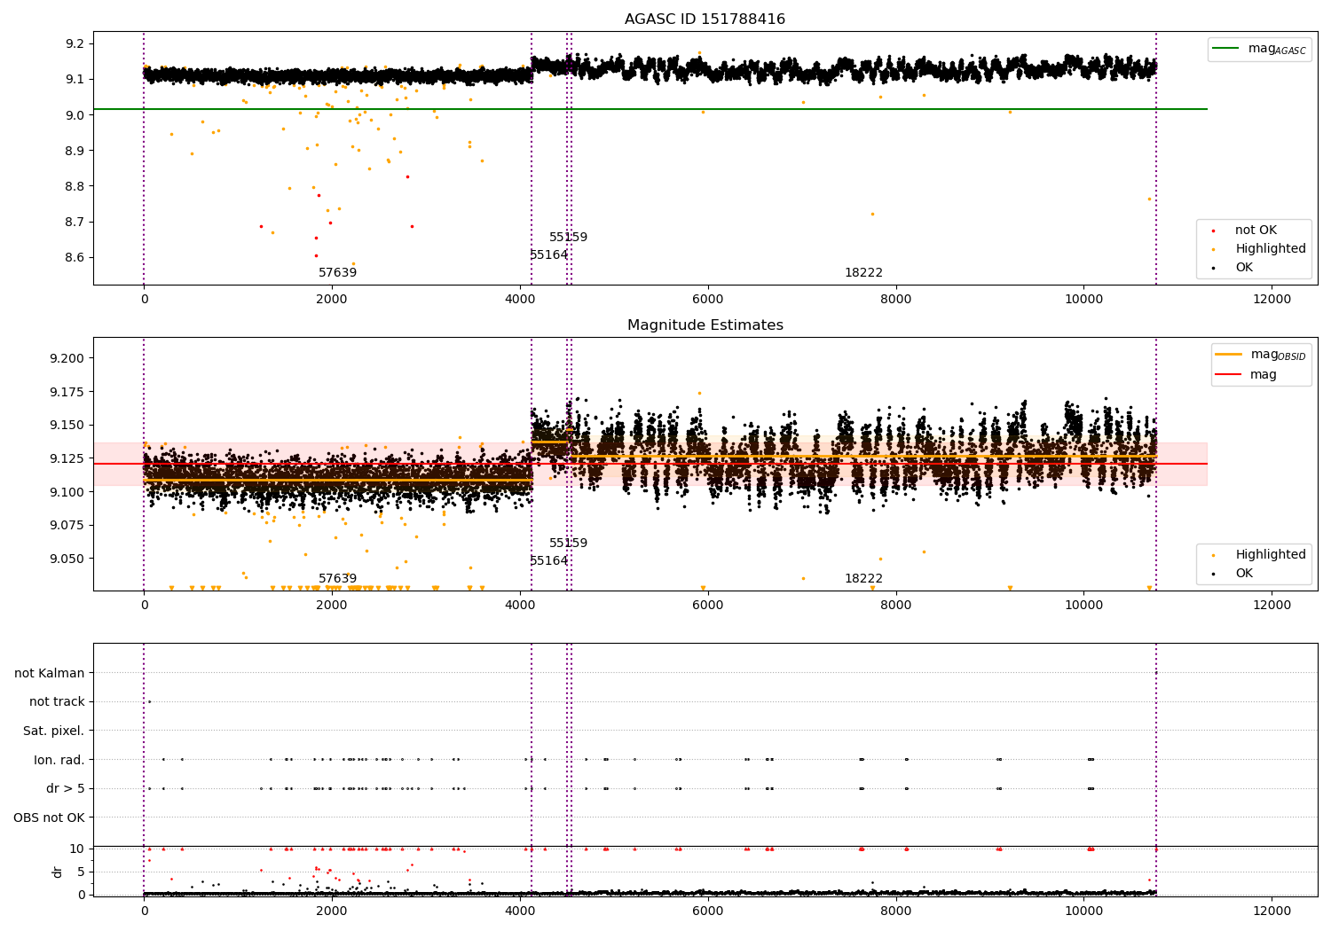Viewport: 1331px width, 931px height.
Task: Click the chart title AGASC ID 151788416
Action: point(705,20)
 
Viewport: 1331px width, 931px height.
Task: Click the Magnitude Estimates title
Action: point(705,325)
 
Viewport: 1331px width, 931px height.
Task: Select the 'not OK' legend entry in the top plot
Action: point(1256,231)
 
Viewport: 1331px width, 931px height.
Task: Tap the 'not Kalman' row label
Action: point(49,673)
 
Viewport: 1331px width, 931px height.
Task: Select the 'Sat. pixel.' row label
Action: point(53,731)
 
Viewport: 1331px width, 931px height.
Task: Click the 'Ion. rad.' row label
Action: point(59,760)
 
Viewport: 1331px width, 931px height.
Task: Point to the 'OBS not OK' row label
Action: point(49,818)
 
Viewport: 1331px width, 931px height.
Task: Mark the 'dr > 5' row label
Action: point(65,788)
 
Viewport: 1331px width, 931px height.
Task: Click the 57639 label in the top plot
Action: point(337,273)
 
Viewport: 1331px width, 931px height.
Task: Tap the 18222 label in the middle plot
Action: point(863,579)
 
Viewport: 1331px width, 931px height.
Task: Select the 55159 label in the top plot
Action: point(568,238)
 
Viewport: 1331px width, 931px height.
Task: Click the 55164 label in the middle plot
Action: point(548,561)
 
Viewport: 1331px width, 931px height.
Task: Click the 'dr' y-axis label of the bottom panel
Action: point(58,872)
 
